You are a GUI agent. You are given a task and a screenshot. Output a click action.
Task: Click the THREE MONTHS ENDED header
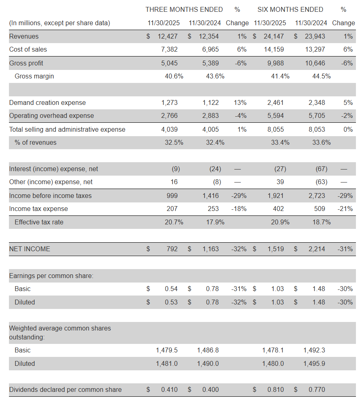pyautogui.click(x=184, y=9)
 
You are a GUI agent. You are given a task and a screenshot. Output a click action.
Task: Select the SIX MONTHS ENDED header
pyautogui.click(x=290, y=9)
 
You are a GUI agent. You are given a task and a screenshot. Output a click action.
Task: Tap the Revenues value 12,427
pyautogui.click(x=168, y=36)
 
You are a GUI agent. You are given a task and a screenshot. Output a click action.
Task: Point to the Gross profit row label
pyautogui.click(x=26, y=63)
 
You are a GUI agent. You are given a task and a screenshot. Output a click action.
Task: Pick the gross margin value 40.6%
pyautogui.click(x=174, y=76)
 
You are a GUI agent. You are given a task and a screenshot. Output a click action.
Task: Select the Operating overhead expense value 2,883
pyautogui.click(x=210, y=115)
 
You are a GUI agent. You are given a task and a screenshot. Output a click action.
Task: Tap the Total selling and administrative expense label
pyautogui.click(x=67, y=129)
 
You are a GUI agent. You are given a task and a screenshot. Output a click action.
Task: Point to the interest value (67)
pyautogui.click(x=321, y=169)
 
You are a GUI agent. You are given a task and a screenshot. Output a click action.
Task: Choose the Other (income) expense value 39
pyautogui.click(x=280, y=182)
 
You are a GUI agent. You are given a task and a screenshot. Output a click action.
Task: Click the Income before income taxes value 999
pyautogui.click(x=172, y=196)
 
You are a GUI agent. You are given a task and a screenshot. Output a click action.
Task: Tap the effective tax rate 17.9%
pyautogui.click(x=215, y=222)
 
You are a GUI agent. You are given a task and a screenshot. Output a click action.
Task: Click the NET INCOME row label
pyautogui.click(x=30, y=249)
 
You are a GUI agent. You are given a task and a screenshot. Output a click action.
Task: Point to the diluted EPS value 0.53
pyautogui.click(x=171, y=302)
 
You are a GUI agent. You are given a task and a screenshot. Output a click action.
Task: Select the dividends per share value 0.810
pyautogui.click(x=275, y=389)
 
